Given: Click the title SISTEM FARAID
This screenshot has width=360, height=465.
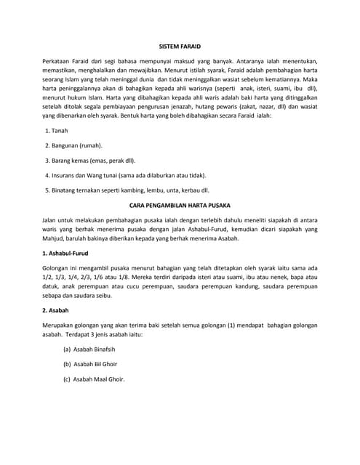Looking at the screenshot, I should coord(179,46).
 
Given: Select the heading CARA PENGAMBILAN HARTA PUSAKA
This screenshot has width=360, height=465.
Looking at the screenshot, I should coord(179,206).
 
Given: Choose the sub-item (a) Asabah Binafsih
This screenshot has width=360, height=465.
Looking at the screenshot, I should coord(94,349).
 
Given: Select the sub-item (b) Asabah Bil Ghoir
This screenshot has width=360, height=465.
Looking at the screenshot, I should coord(94,364).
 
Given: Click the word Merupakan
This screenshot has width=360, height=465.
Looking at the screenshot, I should coord(61,325).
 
